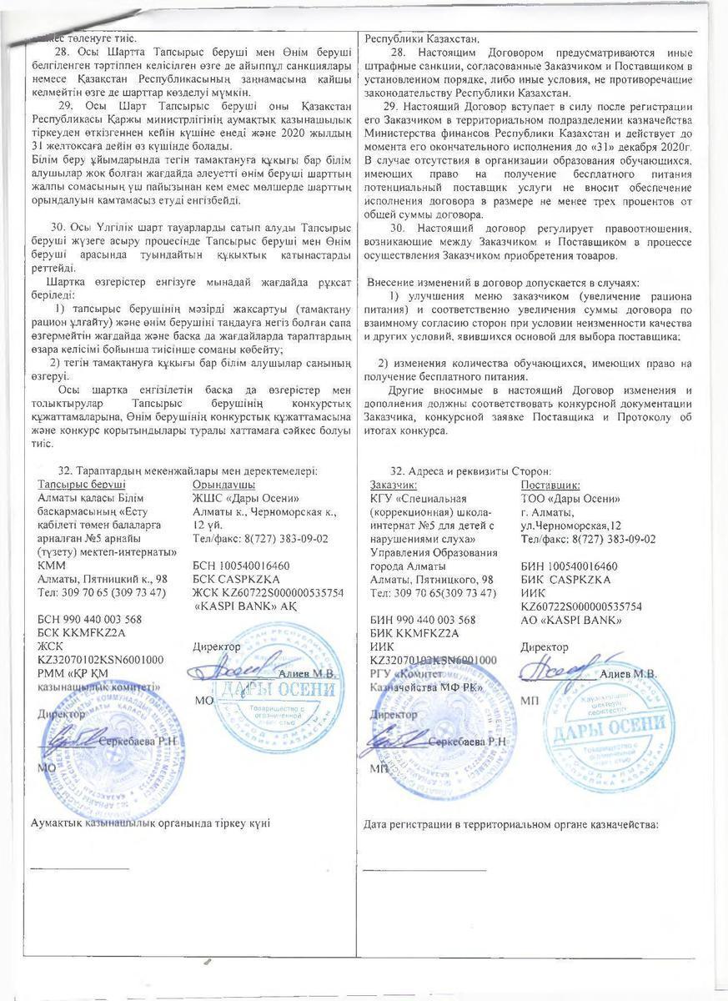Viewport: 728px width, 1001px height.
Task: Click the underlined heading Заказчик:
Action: (x=394, y=485)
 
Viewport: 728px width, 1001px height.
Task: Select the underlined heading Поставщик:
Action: (x=550, y=485)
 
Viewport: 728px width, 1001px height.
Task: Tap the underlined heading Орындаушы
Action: (x=223, y=485)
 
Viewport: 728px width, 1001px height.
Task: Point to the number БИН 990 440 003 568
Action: (x=423, y=620)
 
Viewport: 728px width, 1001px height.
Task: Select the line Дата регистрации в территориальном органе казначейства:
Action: (x=511, y=825)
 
